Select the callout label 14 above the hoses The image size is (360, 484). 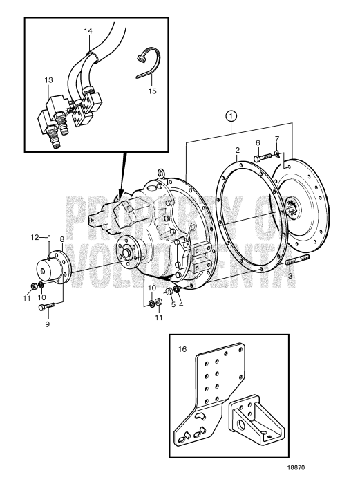(88, 32)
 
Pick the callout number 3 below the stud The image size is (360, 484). (289, 276)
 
